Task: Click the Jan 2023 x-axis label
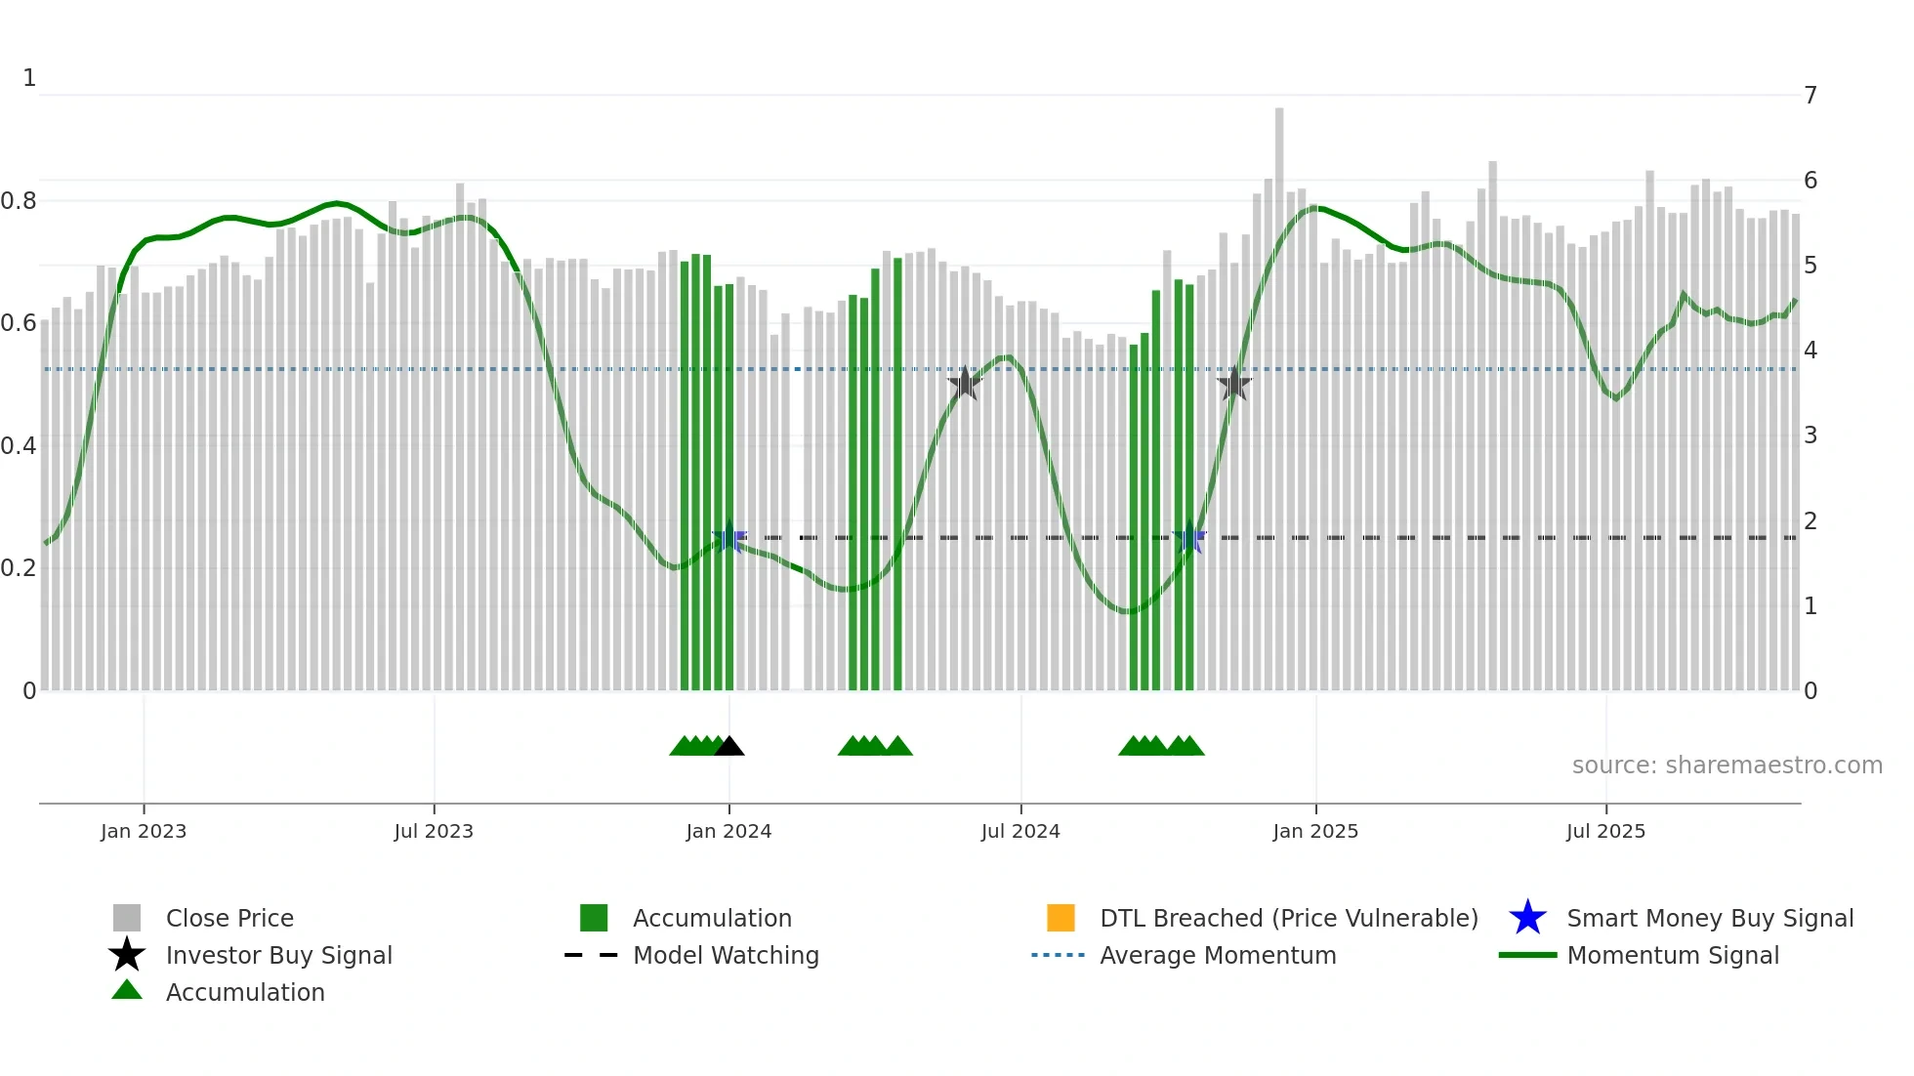143,831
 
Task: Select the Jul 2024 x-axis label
1020,831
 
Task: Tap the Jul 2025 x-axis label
1605,831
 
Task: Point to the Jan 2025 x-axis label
1315,831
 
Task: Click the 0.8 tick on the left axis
19,201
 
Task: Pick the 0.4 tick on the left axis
19,446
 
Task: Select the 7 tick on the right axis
1810,96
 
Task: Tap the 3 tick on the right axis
1810,435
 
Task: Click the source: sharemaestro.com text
1727,766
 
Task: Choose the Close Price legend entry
229,918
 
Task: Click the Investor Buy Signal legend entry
278,955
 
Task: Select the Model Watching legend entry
726,955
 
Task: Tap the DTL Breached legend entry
1288,918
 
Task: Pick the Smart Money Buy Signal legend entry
1710,918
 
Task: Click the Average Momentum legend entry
1218,955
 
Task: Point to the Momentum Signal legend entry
1673,955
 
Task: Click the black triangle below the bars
729,747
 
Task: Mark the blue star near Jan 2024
728,537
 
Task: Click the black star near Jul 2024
965,383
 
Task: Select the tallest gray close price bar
1279,391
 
